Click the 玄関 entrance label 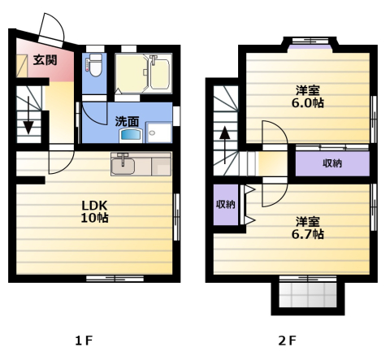45,60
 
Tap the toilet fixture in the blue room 95,65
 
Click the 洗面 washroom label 127,121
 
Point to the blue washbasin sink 131,135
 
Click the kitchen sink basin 123,166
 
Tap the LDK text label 94,206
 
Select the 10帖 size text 94,218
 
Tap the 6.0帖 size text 308,103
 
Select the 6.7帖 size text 308,234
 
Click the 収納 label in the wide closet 332,163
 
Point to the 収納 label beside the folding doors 226,205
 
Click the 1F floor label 84,340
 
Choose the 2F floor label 288,340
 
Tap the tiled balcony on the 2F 308,295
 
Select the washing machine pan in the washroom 159,132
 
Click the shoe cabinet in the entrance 22,66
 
